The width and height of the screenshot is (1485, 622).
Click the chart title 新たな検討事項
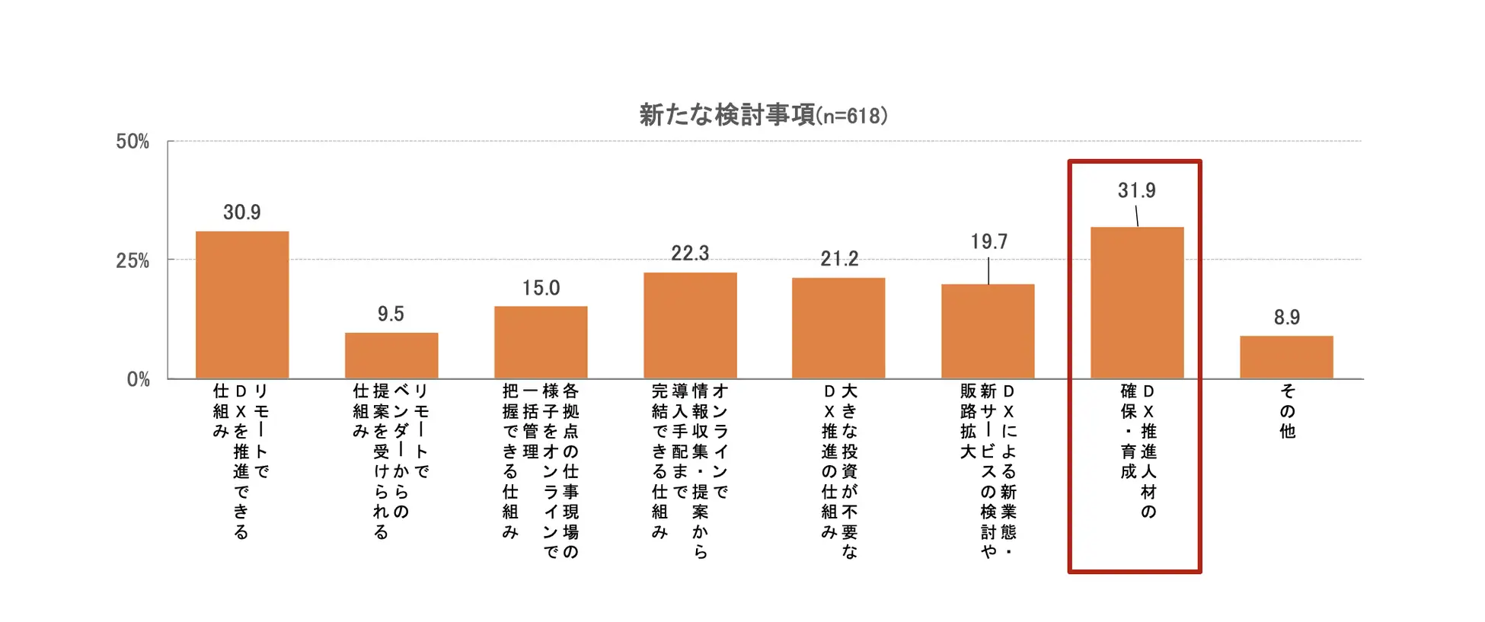click(727, 116)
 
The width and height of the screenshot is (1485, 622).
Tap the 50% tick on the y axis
click(133, 142)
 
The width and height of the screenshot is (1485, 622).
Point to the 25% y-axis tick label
click(133, 260)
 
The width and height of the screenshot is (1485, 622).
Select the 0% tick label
click(138, 379)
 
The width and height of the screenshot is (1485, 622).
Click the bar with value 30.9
click(242, 305)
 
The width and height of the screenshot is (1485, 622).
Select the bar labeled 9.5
click(391, 356)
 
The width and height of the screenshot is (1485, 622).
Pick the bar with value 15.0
click(541, 342)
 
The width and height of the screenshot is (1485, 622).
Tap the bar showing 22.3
click(690, 325)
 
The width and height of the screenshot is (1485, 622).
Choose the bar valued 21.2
click(838, 328)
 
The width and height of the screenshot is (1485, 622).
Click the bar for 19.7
click(988, 331)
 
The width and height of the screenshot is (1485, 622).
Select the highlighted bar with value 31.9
click(1137, 302)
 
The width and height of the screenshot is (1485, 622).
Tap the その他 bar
click(1286, 357)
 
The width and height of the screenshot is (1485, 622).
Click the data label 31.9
click(1136, 190)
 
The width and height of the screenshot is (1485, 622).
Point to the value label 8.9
click(1287, 317)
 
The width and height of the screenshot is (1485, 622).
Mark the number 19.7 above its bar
click(988, 242)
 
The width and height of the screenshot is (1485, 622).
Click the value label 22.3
click(690, 254)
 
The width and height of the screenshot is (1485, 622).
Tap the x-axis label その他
click(1287, 411)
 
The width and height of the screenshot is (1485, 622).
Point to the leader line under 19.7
click(988, 270)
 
